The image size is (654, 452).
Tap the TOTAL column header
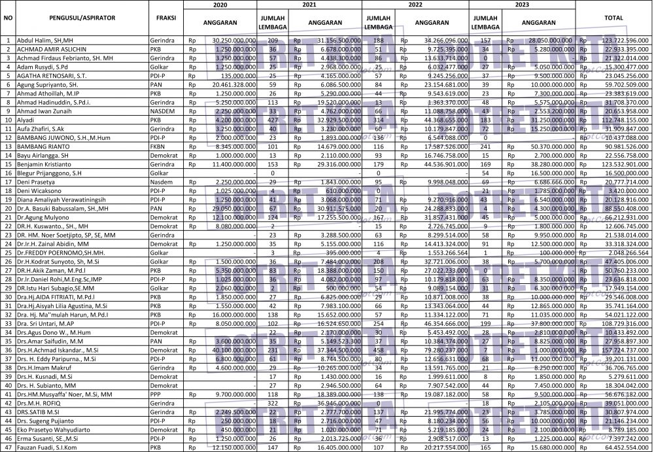[x=613, y=18]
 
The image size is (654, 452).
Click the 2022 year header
[x=415, y=4]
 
